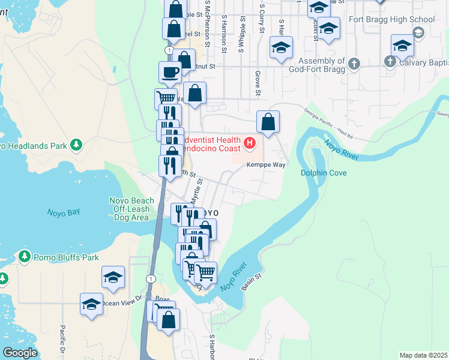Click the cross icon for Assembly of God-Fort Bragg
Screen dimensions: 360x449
click(x=354, y=63)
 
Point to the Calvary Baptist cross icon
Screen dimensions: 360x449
click(x=390, y=61)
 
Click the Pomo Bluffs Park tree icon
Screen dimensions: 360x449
click(x=24, y=257)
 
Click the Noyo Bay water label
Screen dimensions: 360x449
click(x=63, y=212)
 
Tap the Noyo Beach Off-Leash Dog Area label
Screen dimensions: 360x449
click(x=131, y=209)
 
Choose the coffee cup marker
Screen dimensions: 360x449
click(x=170, y=72)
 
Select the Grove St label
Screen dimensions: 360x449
click(x=258, y=83)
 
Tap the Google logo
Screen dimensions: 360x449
click(x=20, y=353)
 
